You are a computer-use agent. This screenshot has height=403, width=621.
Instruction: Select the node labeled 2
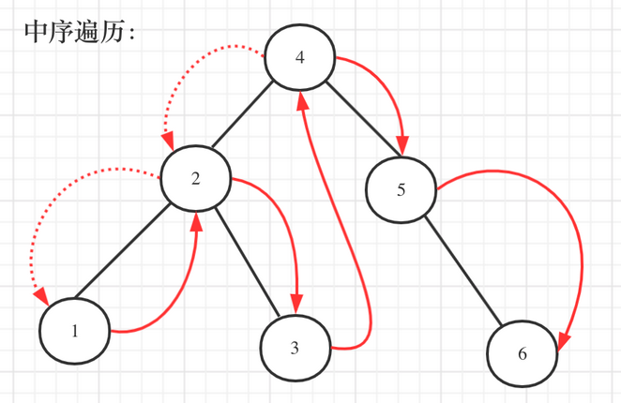tap(196, 178)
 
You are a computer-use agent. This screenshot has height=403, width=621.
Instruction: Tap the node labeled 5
tap(401, 189)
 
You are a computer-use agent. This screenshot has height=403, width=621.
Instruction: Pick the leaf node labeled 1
tap(75, 331)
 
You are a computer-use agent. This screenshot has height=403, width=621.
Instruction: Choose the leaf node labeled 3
tap(295, 349)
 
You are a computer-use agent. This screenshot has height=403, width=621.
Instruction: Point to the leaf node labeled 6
tap(523, 353)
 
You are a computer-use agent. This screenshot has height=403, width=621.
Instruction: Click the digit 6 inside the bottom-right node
tap(523, 354)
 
